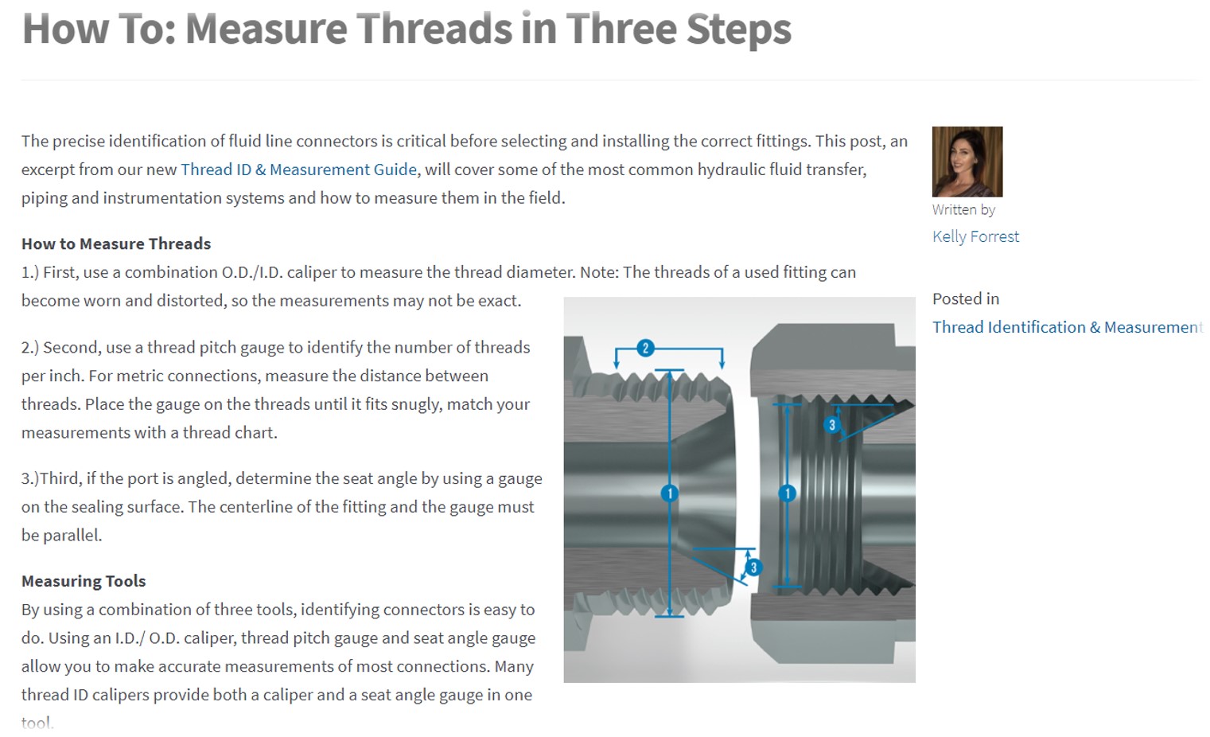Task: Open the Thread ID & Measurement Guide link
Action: pos(298,170)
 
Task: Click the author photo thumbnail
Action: pos(967,162)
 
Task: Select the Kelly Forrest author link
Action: pos(975,236)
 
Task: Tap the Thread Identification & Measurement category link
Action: pos(1068,327)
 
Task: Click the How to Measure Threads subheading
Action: pos(116,244)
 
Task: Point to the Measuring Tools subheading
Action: pos(84,581)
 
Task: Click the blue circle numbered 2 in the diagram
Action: pos(645,348)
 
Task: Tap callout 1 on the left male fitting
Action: pos(670,493)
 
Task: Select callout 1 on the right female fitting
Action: pos(787,493)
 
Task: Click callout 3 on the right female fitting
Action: pos(832,425)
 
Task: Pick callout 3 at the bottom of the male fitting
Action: pos(753,567)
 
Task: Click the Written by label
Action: pos(963,209)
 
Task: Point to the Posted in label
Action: pos(966,298)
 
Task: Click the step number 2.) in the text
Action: pos(30,348)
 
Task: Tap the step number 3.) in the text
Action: pos(30,478)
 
